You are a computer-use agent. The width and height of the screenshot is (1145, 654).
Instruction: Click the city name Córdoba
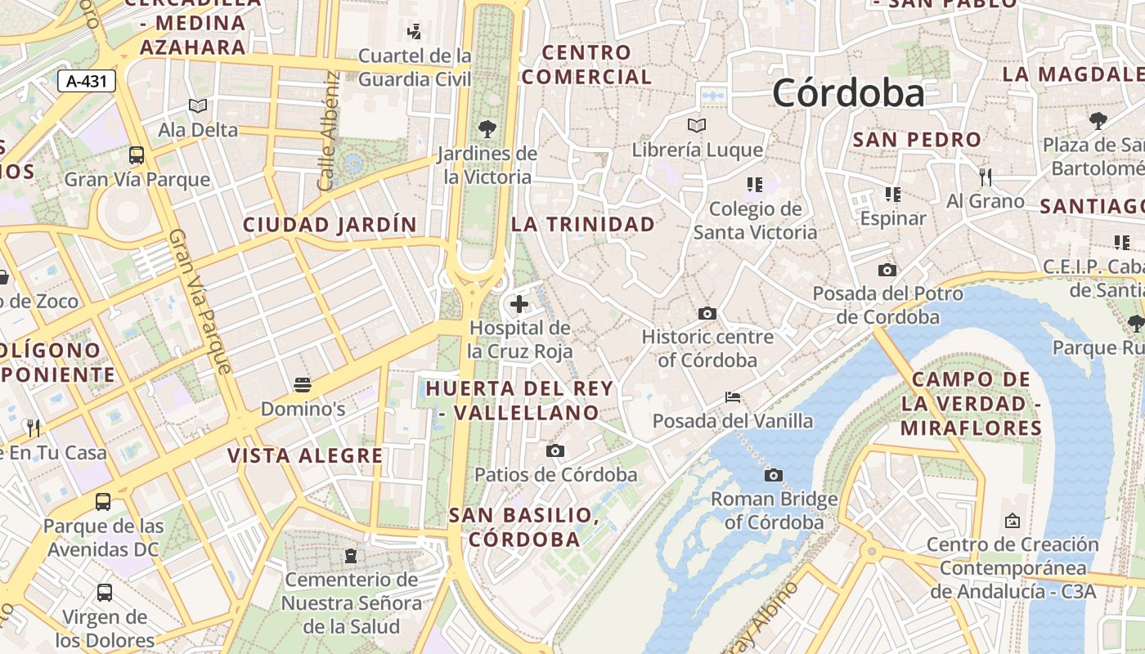pyautogui.click(x=848, y=93)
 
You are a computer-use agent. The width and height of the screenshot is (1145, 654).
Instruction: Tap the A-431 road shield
pyautogui.click(x=87, y=81)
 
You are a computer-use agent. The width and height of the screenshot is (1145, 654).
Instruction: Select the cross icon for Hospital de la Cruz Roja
pyautogui.click(x=519, y=305)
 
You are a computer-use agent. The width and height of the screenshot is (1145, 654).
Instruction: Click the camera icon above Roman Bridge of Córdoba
pyautogui.click(x=773, y=475)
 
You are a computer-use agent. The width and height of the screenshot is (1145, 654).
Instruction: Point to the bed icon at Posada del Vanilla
pyautogui.click(x=733, y=397)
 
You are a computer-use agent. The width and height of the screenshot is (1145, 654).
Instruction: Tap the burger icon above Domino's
pyautogui.click(x=303, y=384)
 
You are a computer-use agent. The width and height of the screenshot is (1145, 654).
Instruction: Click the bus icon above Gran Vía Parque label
pyautogui.click(x=137, y=155)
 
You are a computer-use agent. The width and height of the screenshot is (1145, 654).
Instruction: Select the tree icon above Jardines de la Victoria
pyautogui.click(x=487, y=128)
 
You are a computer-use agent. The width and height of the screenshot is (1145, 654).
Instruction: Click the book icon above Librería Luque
pyautogui.click(x=697, y=125)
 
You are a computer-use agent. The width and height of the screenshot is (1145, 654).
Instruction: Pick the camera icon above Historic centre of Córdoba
pyautogui.click(x=707, y=313)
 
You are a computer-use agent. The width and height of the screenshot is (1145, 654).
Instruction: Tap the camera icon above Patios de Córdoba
pyautogui.click(x=555, y=450)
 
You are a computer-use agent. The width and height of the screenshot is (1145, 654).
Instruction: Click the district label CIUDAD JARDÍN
pyautogui.click(x=330, y=225)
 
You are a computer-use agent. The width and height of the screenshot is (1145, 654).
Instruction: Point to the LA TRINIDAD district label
pyautogui.click(x=583, y=224)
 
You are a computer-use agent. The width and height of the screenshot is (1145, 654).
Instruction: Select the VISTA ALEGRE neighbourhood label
pyautogui.click(x=305, y=455)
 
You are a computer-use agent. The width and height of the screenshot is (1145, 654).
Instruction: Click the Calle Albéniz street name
pyautogui.click(x=329, y=131)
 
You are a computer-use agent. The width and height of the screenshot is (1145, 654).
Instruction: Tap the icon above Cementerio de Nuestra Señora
pyautogui.click(x=351, y=556)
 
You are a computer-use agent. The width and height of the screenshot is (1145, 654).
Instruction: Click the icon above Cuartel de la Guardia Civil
pyautogui.click(x=414, y=32)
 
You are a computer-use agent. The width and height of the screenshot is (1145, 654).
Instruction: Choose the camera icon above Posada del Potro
pyautogui.click(x=887, y=270)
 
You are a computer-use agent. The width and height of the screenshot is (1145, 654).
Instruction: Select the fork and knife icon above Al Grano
pyautogui.click(x=986, y=177)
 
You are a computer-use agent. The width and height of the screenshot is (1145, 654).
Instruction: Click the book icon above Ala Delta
pyautogui.click(x=197, y=105)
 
